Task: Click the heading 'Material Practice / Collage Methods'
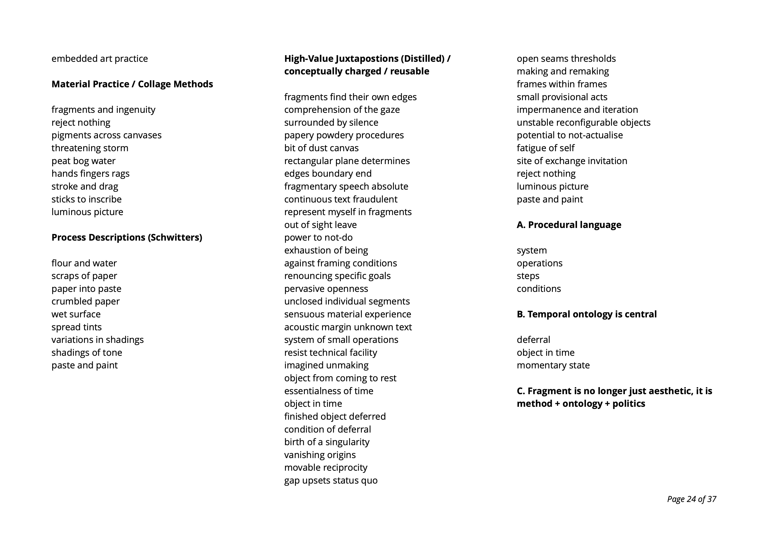(x=132, y=84)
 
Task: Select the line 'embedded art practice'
(x=99, y=59)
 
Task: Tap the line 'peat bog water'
(x=83, y=161)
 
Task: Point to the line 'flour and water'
(x=84, y=263)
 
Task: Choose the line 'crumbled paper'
(x=85, y=301)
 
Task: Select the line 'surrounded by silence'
(x=331, y=123)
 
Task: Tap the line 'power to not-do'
(x=318, y=237)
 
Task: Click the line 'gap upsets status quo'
(x=331, y=480)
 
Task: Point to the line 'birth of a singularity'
(x=327, y=442)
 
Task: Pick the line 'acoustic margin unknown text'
(x=348, y=327)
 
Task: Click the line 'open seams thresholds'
(x=566, y=59)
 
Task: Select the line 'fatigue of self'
(x=545, y=148)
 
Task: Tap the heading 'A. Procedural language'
(x=569, y=225)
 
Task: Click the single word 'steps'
(x=528, y=276)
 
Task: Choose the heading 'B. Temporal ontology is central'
(x=586, y=314)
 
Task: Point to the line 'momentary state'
(x=553, y=365)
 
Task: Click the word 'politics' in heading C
(x=628, y=403)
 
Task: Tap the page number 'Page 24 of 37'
(x=691, y=499)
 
